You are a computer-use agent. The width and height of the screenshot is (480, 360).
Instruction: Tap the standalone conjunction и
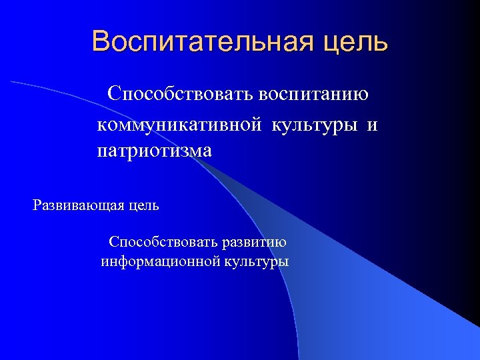coord(372,125)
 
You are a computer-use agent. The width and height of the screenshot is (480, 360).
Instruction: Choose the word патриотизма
coord(154,151)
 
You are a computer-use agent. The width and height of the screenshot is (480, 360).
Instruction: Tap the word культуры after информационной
coord(257,261)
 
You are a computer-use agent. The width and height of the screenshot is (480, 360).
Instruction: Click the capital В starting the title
coord(101,41)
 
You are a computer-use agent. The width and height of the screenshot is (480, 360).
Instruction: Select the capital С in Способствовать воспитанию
coord(115,93)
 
